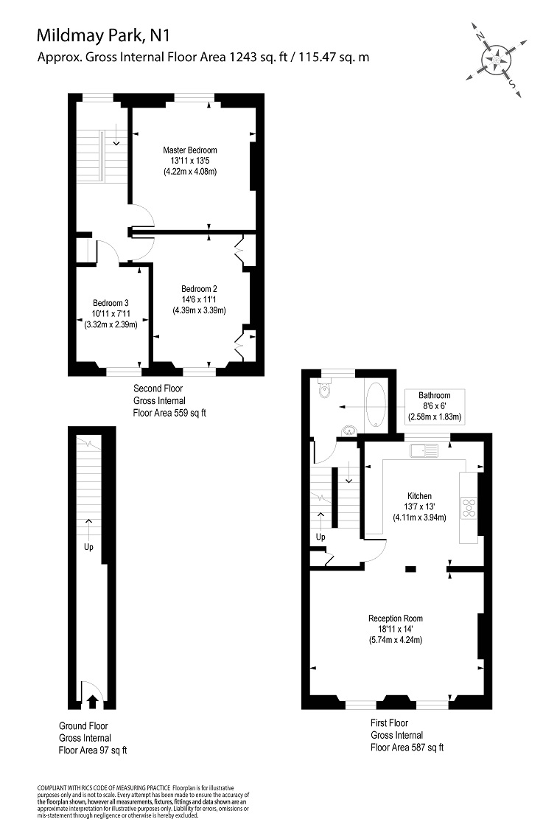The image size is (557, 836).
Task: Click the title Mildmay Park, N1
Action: (103, 35)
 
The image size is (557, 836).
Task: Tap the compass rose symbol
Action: (496, 60)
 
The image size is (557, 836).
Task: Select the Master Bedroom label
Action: (190, 150)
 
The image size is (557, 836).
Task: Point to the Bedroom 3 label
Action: (111, 303)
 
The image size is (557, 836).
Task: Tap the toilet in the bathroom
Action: (324, 390)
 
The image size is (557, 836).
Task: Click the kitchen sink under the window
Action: (424, 450)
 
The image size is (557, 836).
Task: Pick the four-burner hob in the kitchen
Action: (469, 507)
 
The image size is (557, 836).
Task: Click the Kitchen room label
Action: (419, 496)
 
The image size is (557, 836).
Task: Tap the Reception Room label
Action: (396, 619)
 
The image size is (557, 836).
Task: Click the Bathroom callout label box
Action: (435, 406)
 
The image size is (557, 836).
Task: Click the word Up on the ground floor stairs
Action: (88, 547)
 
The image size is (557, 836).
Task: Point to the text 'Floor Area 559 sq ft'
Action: (169, 413)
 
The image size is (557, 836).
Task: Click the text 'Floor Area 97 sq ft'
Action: (93, 750)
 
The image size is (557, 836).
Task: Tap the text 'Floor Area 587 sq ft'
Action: (407, 748)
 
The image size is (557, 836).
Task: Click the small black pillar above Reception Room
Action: (410, 569)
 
